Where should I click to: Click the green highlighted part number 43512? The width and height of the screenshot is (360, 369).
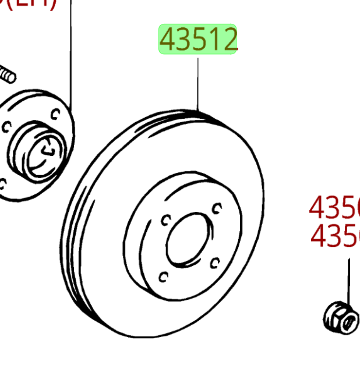pos(199,40)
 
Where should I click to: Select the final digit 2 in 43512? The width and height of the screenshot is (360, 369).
pos(230,40)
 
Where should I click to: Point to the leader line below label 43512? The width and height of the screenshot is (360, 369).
pos(198,81)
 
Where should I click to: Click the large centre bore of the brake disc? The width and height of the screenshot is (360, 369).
pos(186,239)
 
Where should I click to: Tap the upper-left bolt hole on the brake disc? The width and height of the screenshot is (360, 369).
pos(165,220)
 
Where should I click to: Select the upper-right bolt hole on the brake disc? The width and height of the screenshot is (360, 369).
pos(217,207)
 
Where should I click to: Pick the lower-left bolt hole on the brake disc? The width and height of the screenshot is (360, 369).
pos(164,275)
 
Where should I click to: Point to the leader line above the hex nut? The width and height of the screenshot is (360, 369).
pos(349,279)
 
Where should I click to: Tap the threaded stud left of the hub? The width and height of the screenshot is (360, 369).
pos(7,73)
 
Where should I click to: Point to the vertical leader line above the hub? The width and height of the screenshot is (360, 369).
pos(71,58)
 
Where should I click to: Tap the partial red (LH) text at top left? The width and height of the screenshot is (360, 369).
pos(29,5)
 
